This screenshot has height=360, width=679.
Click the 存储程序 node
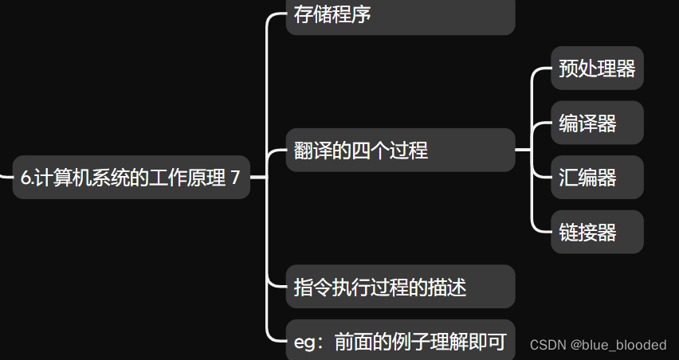coord(399,16)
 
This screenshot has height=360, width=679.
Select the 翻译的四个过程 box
coord(399,150)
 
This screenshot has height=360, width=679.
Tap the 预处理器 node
coord(596,68)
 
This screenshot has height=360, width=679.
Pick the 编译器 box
coord(596,123)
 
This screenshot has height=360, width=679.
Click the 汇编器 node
coord(596,177)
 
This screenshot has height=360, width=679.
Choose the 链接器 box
coord(596,232)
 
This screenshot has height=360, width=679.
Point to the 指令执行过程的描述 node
coord(399,287)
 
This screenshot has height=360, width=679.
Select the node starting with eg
coord(399,342)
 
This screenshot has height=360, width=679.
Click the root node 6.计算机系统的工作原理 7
coord(131,178)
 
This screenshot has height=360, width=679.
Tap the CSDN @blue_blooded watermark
coord(598,345)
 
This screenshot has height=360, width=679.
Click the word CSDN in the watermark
coord(548,345)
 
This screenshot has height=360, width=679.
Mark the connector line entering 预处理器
coord(543,68)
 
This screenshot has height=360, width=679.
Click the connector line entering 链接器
coord(543,231)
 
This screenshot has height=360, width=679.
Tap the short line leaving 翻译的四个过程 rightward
coord(523,150)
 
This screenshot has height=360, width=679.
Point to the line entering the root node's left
coord(6,177)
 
